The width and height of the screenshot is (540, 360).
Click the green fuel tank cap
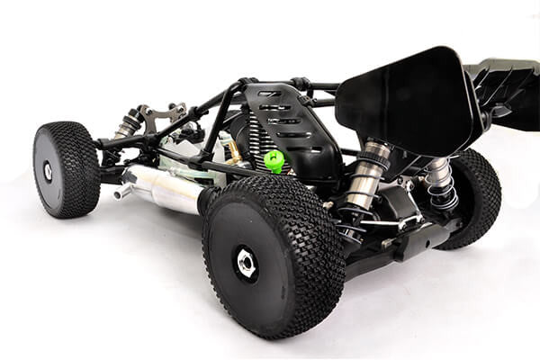click(x=274, y=161)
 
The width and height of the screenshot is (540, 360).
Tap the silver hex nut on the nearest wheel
click(x=246, y=262)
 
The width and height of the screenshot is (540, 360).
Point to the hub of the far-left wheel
click(x=48, y=171)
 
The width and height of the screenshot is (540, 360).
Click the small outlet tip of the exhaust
click(x=120, y=192)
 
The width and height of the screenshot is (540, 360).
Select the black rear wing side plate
click(x=409, y=99)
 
